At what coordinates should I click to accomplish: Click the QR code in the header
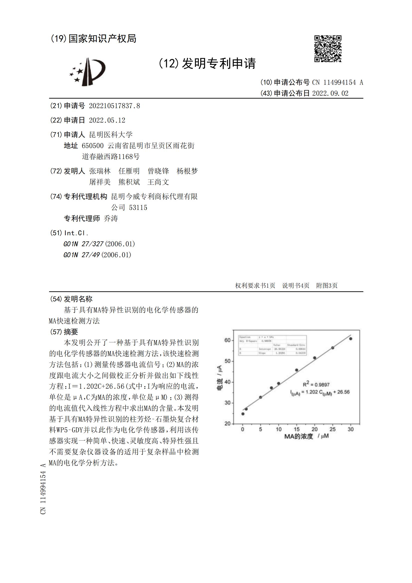pos(328,48)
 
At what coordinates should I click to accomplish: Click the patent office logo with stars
pos(88,72)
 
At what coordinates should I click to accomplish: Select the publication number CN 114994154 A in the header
pos(337,83)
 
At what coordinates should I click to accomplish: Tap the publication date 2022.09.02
pos(330,94)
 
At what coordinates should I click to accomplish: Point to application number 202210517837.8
pos(114,106)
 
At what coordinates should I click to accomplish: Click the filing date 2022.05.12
pos(107,120)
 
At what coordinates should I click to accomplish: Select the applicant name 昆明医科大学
pos(111,135)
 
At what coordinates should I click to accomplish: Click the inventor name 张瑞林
pos(100,171)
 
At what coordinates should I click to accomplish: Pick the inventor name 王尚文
pos(158,182)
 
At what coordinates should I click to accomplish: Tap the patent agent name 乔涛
pos(111,219)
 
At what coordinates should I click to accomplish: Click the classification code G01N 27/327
pos(83,244)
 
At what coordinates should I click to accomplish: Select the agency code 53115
pos(138,208)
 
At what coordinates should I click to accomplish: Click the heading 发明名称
pos(78,299)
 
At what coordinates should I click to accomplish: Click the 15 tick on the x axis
pos(297,429)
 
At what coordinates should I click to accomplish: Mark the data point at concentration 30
pos(351,339)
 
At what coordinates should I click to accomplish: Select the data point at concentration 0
pos(243,414)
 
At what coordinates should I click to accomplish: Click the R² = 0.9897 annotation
pos(316,385)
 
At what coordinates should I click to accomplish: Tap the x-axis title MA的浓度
pos(299,436)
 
